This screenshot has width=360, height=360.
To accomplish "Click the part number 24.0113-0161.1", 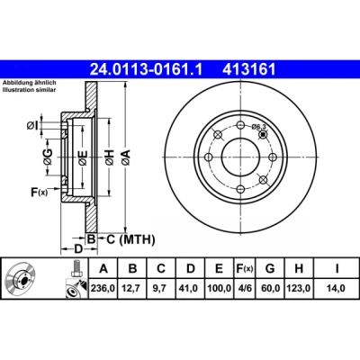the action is pyautogui.click(x=147, y=69).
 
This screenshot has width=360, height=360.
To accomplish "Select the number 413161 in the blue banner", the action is pyautogui.click(x=248, y=69).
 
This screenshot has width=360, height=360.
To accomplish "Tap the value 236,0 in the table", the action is pyautogui.click(x=103, y=288).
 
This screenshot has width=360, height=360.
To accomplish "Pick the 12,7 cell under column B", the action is pyautogui.click(x=132, y=288).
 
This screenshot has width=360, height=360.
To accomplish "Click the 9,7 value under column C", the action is pyautogui.click(x=161, y=288).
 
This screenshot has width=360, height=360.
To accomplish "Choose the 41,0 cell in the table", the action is pyautogui.click(x=190, y=288).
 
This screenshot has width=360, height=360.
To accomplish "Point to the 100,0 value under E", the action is pyautogui.click(x=219, y=288).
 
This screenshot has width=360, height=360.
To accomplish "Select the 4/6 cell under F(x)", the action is pyautogui.click(x=244, y=288).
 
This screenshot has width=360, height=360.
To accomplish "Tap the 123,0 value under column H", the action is pyautogui.click(x=299, y=288).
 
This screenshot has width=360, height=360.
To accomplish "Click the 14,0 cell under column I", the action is pyautogui.click(x=336, y=288).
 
